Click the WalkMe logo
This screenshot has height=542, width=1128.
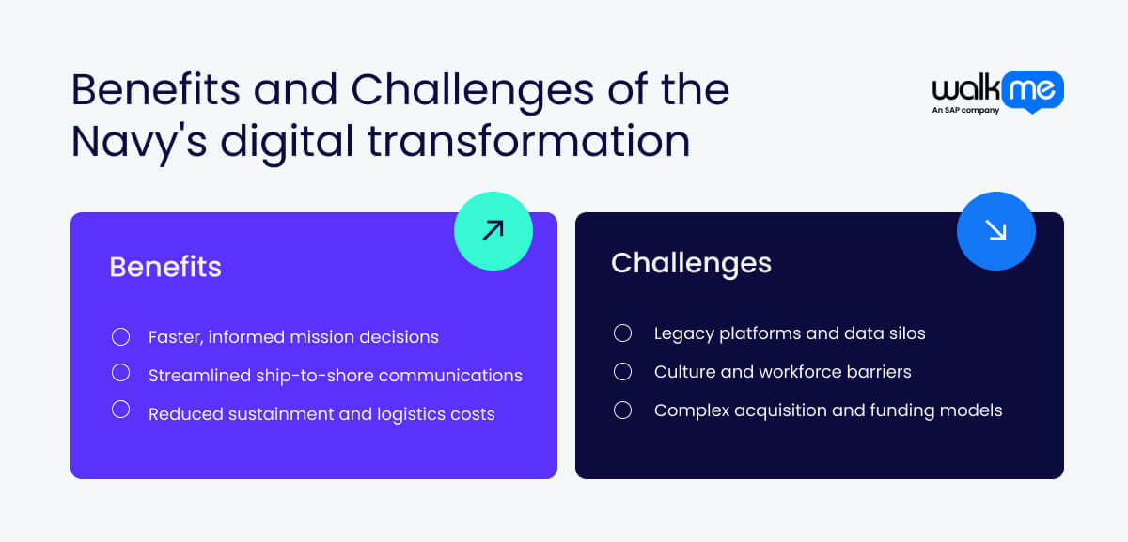(997, 90)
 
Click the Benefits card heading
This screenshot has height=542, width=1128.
(165, 267)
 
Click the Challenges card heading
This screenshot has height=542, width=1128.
(691, 263)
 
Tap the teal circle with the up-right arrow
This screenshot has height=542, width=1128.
(493, 230)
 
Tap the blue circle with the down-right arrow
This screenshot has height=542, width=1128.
(995, 230)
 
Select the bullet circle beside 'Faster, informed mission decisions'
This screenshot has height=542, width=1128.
(120, 336)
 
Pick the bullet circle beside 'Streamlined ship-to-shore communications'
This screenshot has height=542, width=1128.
(120, 373)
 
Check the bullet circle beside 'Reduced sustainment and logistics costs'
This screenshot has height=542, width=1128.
(120, 410)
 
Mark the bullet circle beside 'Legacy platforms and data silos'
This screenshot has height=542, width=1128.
(622, 333)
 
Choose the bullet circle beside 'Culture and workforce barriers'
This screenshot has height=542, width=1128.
(622, 371)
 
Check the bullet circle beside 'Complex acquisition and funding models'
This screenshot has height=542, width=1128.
(622, 410)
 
